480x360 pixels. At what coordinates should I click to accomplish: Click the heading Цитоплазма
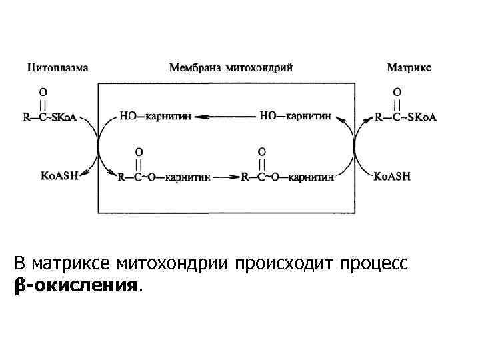click(57, 68)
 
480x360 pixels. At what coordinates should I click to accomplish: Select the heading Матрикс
click(409, 68)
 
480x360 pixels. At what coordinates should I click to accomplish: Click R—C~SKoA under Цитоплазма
click(50, 117)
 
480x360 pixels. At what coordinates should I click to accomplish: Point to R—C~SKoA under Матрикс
click(405, 117)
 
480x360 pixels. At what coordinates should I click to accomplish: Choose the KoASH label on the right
click(392, 177)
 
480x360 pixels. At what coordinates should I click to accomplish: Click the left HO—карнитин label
click(155, 116)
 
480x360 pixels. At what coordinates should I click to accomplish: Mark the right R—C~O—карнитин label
click(289, 178)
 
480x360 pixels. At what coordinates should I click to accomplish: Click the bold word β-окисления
click(77, 286)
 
